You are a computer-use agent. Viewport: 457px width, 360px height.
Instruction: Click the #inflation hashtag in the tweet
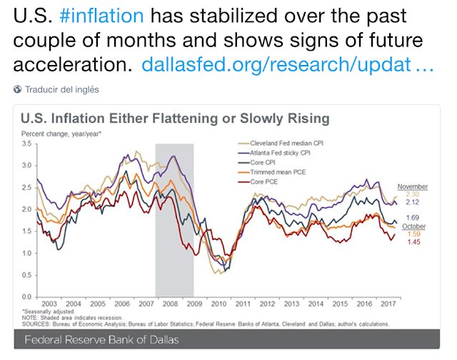101,16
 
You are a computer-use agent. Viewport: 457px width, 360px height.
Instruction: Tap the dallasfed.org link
288,64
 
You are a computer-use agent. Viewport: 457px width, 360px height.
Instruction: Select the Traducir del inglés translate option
62,89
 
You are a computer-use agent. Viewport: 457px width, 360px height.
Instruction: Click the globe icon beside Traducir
17,89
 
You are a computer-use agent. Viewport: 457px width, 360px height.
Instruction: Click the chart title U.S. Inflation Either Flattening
175,119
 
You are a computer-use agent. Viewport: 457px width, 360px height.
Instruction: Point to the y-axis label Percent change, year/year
61,134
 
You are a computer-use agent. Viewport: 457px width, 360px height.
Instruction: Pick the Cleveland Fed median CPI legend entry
281,143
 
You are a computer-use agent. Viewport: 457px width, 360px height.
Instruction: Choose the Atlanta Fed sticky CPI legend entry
274,153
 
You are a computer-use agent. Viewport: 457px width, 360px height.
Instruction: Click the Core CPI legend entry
257,162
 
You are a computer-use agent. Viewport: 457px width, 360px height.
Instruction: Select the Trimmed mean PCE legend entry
272,172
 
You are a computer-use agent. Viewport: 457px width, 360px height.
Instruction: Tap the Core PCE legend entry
258,181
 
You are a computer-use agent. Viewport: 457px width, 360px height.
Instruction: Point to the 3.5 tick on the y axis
26,144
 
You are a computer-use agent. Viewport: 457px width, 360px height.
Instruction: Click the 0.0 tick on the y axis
26,296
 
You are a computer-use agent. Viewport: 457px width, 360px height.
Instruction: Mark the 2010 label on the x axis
219,304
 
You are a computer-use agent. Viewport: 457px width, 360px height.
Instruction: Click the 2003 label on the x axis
49,304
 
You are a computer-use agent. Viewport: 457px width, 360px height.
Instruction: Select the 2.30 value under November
413,194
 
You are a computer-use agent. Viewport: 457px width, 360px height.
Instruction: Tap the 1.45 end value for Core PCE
414,241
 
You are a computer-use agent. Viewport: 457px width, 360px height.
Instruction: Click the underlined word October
413,226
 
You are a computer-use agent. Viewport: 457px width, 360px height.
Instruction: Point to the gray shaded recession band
174,220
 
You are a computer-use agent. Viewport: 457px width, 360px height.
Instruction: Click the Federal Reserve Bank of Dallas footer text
101,339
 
